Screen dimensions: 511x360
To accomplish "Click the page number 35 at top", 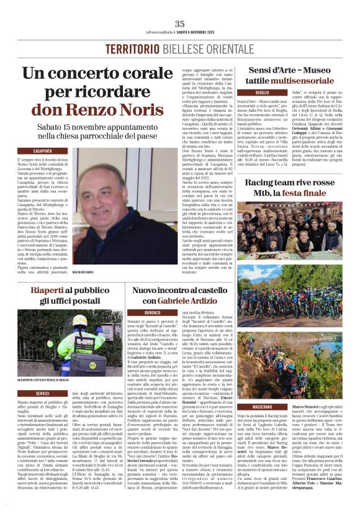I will pyautogui.click(x=180, y=24).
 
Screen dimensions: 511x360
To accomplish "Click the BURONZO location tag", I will pyautogui.click(x=152, y=312).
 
